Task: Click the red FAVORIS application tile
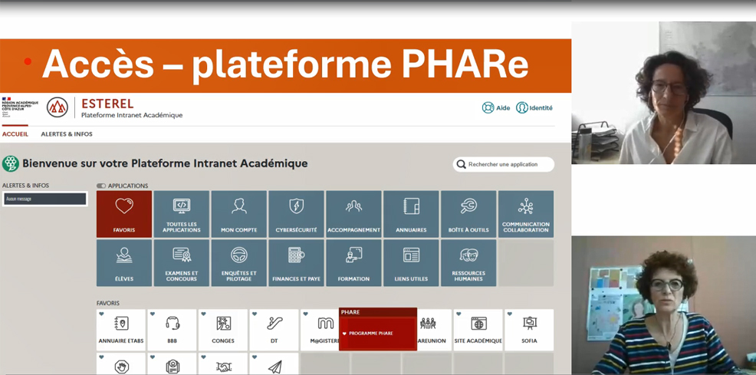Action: [124, 214]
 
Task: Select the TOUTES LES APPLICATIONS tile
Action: [182, 214]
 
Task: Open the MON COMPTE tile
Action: [238, 214]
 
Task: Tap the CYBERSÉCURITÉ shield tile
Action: [296, 214]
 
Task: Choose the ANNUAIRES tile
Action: [411, 214]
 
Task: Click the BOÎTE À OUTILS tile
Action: [468, 214]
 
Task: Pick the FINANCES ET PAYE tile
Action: [296, 263]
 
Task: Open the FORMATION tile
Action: [353, 263]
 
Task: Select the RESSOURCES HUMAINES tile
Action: [468, 263]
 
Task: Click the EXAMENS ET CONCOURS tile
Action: [182, 263]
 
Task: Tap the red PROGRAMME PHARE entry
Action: [377, 334]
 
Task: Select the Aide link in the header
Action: [496, 108]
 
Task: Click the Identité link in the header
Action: [534, 108]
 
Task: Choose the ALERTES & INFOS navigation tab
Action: [67, 134]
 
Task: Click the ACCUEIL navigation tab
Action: [15, 134]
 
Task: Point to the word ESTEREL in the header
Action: [107, 104]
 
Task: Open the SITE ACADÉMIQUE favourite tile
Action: [478, 330]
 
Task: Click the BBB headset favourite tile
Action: [173, 330]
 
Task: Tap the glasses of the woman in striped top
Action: [667, 285]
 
